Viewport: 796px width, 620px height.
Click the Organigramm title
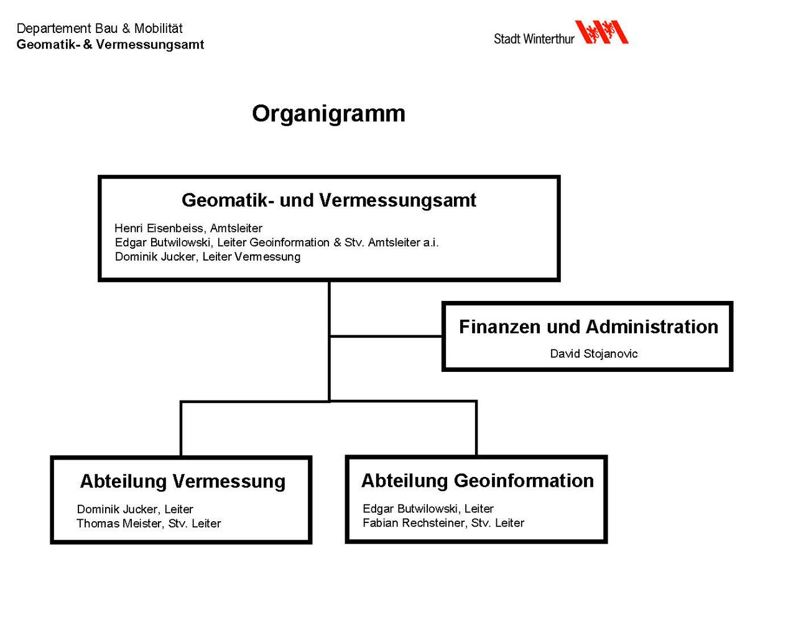[328, 114]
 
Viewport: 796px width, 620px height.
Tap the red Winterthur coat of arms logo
[601, 32]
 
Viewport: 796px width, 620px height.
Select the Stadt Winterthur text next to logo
[534, 39]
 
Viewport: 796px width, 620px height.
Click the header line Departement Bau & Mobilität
[99, 29]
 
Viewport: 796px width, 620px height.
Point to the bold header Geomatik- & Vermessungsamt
[110, 44]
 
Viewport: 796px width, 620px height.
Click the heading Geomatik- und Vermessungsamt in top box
[328, 201]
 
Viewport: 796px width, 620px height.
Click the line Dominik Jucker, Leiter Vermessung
[208, 257]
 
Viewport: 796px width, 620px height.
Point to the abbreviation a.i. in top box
[431, 243]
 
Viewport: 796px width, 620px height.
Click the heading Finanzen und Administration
[588, 327]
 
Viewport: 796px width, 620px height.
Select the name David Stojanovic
[594, 354]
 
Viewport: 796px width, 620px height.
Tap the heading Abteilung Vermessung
[183, 481]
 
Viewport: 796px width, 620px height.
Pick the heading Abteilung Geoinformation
[478, 481]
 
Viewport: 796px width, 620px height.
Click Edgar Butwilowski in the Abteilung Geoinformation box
[410, 509]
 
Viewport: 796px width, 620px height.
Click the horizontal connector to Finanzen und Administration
[386, 336]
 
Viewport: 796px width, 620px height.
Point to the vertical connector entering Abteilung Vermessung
[181, 429]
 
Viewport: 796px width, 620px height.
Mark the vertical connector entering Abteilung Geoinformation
[476, 429]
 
